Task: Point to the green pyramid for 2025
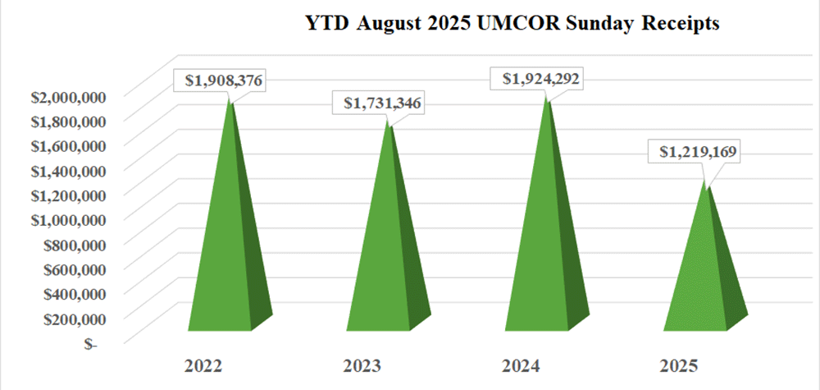(x=701, y=279)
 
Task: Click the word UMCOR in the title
(x=553, y=25)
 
